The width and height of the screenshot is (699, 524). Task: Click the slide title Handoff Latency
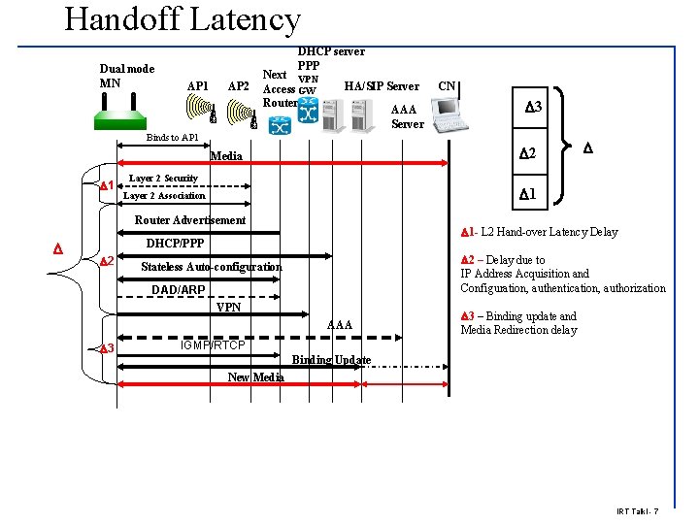183,19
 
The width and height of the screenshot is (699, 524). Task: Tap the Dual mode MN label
127,76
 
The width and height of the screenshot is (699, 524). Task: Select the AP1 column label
197,86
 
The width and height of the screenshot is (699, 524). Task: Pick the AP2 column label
238,86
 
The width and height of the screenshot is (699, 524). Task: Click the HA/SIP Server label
382,86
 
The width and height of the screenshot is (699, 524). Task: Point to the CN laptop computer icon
450,115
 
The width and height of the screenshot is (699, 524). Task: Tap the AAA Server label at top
407,116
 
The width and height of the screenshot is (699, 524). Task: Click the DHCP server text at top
331,51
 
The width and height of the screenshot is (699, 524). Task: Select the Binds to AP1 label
172,138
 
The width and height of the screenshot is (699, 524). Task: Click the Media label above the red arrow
226,155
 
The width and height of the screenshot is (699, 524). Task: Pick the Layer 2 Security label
163,179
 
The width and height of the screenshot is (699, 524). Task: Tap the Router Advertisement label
190,220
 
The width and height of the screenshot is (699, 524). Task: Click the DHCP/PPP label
175,243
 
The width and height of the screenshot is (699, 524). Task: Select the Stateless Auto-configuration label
212,267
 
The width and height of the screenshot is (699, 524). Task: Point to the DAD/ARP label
179,290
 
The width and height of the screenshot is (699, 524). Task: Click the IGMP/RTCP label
214,345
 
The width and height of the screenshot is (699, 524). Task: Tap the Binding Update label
331,360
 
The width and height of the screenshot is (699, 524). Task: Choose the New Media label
255,377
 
